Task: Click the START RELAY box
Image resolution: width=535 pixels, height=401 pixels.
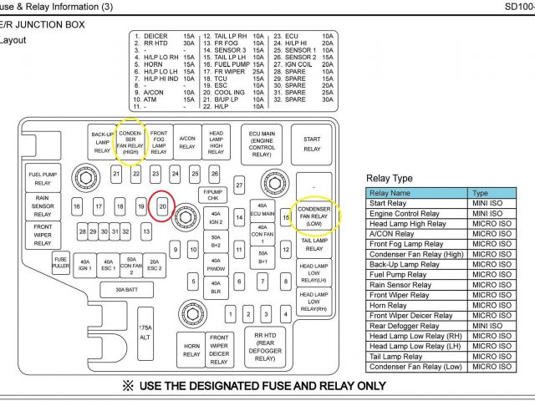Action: coord(312,144)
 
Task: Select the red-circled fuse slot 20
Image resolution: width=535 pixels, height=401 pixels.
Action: coord(163,206)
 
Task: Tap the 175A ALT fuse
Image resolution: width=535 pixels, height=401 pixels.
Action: coord(145,332)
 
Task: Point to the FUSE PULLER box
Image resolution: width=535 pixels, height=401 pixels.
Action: coord(60,263)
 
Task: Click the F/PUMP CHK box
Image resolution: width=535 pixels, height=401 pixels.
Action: coord(212,195)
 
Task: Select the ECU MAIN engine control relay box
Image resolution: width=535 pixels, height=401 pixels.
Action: coord(262,144)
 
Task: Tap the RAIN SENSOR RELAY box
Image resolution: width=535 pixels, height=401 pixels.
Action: coord(43,206)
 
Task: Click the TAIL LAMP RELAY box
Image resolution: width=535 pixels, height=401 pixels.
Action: coord(313,244)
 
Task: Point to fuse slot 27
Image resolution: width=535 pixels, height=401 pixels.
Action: coord(239,185)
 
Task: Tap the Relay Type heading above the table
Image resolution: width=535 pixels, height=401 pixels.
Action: coord(390,179)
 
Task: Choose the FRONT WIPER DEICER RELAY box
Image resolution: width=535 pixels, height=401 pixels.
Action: coord(219,349)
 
